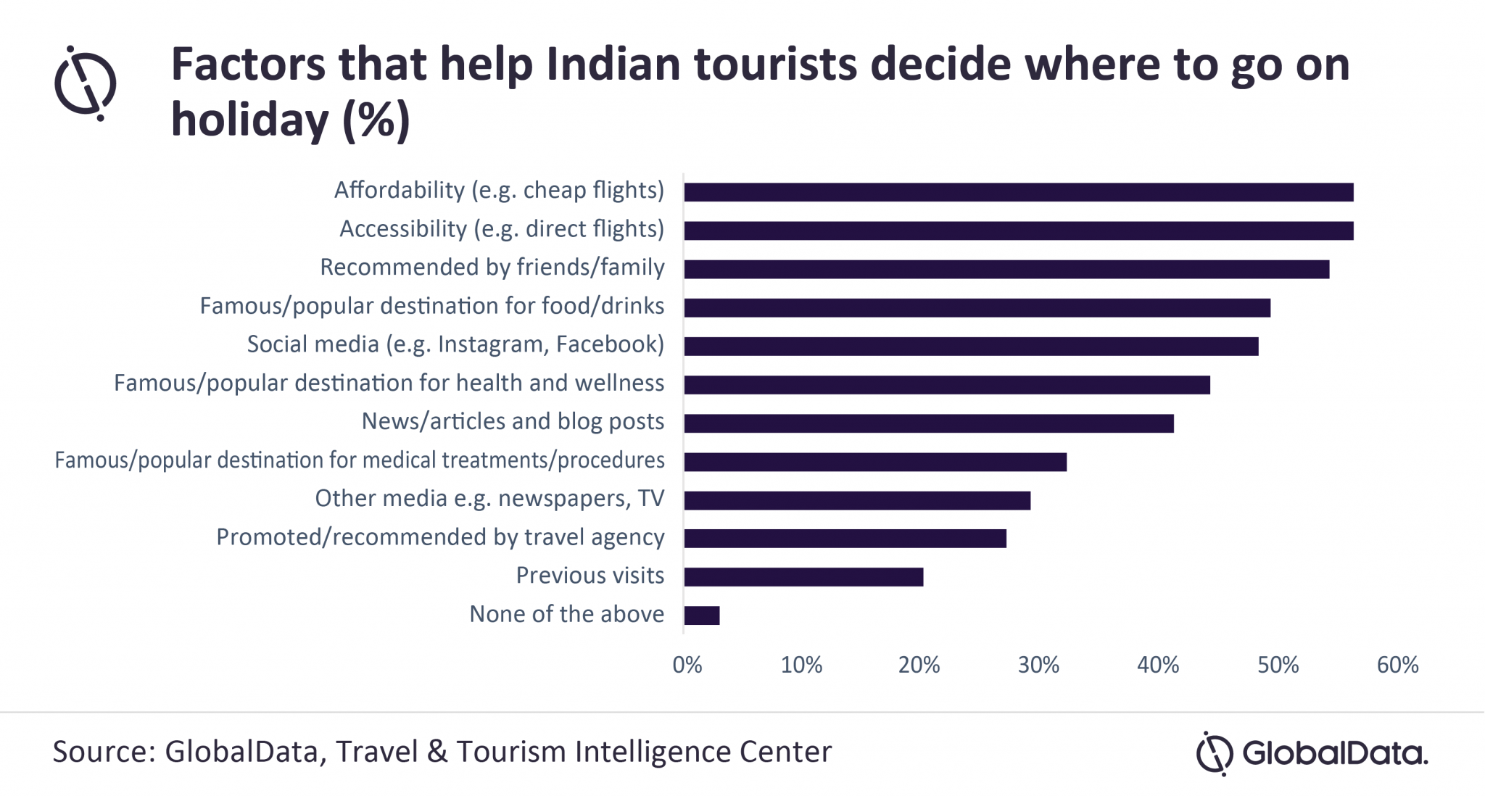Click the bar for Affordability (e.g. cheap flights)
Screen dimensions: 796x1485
coord(1018,192)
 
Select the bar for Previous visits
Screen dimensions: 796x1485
coord(803,577)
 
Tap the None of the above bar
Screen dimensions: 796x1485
coord(701,615)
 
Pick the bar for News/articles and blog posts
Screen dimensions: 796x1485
coord(928,423)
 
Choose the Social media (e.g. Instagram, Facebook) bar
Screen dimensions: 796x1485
coord(971,347)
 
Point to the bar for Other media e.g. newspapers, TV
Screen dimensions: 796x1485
coord(856,500)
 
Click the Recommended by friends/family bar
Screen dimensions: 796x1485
coord(1006,270)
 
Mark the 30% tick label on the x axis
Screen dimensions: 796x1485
coord(1038,665)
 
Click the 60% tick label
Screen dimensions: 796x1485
coord(1397,665)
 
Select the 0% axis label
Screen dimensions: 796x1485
coord(687,665)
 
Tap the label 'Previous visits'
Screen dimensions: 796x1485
coord(590,576)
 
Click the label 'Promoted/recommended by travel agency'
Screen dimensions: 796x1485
coord(440,537)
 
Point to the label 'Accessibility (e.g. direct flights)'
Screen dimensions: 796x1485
coord(502,229)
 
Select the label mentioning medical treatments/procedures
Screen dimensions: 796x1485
coord(360,460)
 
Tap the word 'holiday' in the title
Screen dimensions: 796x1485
coord(249,120)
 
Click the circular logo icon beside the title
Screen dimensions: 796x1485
coord(86,83)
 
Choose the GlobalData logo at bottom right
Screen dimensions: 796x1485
coord(1311,753)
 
